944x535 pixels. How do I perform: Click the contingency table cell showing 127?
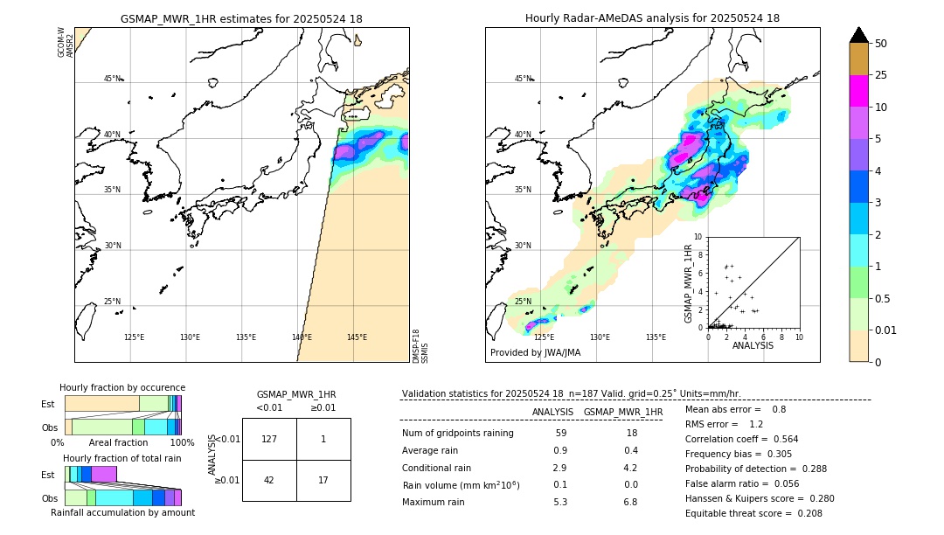269,439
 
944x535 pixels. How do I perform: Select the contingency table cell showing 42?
269,480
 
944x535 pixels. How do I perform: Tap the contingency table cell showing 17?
323,480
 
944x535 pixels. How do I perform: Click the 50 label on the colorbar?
881,44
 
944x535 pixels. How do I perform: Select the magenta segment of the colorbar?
858,91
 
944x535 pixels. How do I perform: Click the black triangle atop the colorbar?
858,34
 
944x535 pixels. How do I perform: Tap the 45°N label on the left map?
113,79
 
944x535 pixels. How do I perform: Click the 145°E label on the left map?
357,337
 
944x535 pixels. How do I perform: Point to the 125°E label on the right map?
544,337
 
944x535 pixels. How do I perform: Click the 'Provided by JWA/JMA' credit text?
535,353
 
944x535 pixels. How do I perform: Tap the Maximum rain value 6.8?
630,503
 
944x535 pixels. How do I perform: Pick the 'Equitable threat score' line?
753,514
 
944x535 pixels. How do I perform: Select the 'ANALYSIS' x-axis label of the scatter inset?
753,345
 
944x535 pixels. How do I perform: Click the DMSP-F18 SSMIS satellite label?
420,346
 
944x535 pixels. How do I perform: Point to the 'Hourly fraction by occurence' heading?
122,387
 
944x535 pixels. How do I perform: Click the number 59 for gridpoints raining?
560,434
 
